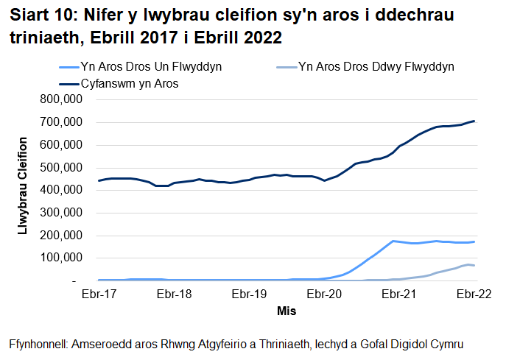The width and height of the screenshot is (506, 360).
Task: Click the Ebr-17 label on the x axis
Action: [98, 294]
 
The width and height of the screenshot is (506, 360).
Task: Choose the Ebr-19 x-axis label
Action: [248, 294]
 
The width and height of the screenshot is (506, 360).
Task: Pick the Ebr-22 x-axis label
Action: [474, 294]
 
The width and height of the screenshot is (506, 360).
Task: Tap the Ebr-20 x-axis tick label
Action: [323, 294]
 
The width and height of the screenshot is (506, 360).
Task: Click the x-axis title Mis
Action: [287, 311]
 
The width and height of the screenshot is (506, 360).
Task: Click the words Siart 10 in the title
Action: [41, 15]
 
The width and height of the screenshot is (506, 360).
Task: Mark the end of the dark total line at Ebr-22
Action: [474, 121]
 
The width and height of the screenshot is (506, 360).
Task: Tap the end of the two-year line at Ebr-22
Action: [474, 265]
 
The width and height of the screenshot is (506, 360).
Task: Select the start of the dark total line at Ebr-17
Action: [99, 180]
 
